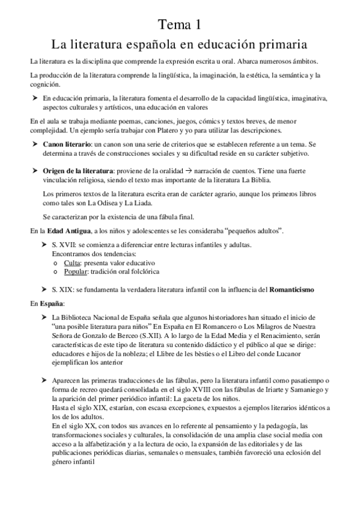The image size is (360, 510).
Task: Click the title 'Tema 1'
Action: click(x=180, y=24)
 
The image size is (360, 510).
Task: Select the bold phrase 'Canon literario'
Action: click(x=66, y=145)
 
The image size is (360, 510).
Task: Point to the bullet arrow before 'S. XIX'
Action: click(x=43, y=289)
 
